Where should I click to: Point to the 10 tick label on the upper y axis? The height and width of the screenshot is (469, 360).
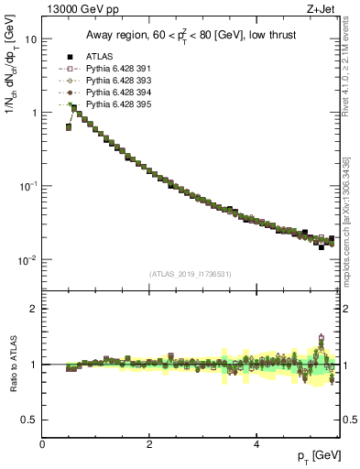[x=30, y=39]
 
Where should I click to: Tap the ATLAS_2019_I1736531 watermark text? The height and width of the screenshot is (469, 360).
[x=191, y=274]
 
